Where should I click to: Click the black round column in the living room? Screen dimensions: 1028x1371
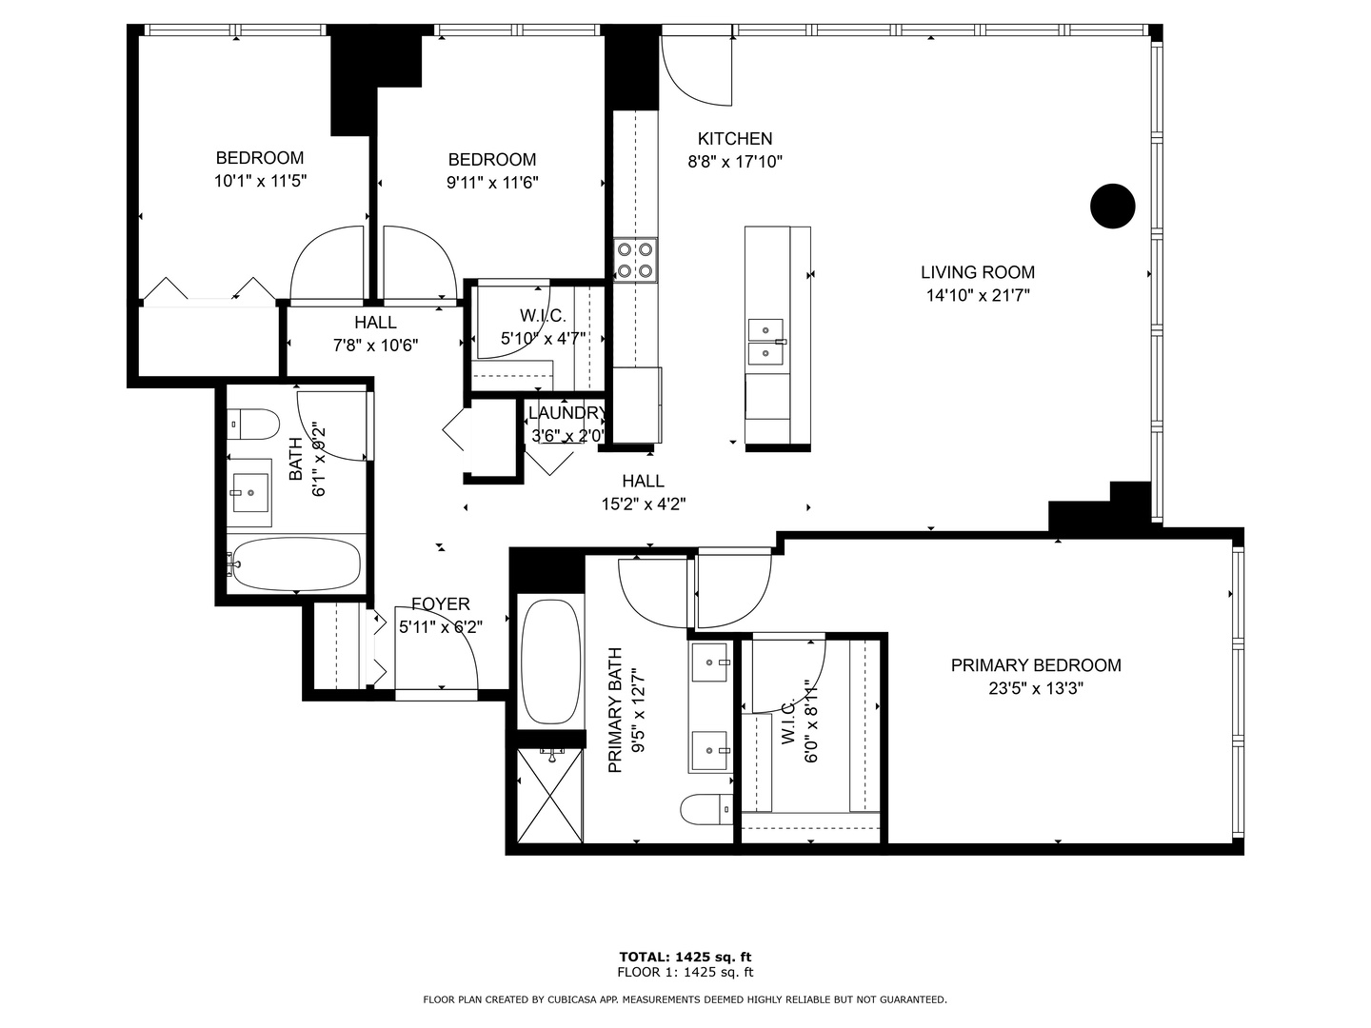point(1112,206)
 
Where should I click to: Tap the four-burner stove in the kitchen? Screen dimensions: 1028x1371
point(635,260)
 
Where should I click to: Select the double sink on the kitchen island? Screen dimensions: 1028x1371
point(765,342)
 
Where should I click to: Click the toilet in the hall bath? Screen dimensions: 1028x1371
point(252,424)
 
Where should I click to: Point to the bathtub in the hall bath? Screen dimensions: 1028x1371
point(296,564)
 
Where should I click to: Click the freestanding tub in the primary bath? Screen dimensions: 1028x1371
point(550,662)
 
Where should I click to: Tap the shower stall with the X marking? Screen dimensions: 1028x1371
point(549,796)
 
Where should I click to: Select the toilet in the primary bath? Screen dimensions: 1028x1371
point(705,809)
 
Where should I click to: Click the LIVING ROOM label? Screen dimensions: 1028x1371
point(978,272)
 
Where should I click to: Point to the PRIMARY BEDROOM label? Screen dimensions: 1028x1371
point(1036,665)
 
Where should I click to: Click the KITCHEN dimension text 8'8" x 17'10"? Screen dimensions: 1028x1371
point(735,162)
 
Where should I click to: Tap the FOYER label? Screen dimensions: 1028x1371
point(441,604)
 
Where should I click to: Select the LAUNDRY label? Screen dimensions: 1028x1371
point(567,413)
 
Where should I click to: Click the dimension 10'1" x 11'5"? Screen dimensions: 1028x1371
point(260,181)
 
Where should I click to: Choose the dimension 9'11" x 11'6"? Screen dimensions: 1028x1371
point(492,183)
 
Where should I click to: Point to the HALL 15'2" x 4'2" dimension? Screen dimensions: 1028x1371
point(644,504)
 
